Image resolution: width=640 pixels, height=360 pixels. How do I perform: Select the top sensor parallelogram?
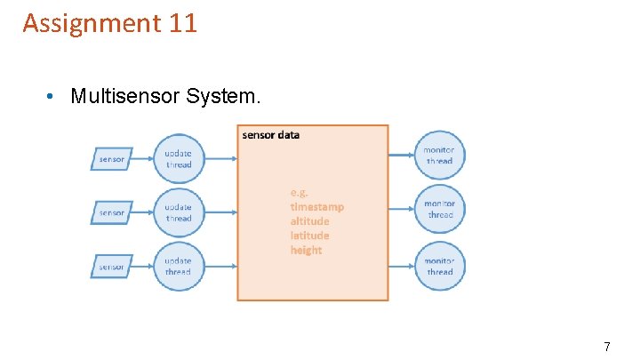(x=112, y=159)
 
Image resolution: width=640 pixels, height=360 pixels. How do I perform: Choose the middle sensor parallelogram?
(x=112, y=212)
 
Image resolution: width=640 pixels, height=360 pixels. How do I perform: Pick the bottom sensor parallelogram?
(x=112, y=267)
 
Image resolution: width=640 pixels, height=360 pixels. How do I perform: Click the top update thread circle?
(x=178, y=159)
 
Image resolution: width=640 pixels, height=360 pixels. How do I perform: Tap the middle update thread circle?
(x=178, y=212)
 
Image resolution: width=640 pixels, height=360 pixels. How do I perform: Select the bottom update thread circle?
(x=178, y=267)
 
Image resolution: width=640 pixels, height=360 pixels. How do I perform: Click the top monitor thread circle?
(x=439, y=156)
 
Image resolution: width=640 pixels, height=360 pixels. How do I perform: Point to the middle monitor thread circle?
(x=439, y=210)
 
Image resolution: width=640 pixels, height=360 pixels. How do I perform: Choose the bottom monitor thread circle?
(x=439, y=266)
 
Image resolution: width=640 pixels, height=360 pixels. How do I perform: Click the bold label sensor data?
(x=271, y=135)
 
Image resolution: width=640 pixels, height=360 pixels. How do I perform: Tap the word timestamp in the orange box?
(x=316, y=206)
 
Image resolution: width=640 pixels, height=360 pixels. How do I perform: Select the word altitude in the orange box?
(x=309, y=220)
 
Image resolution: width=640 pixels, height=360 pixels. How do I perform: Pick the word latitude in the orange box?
(x=309, y=236)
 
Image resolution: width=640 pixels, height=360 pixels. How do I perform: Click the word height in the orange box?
(x=306, y=250)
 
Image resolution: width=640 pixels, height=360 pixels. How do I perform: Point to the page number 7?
(x=607, y=347)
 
